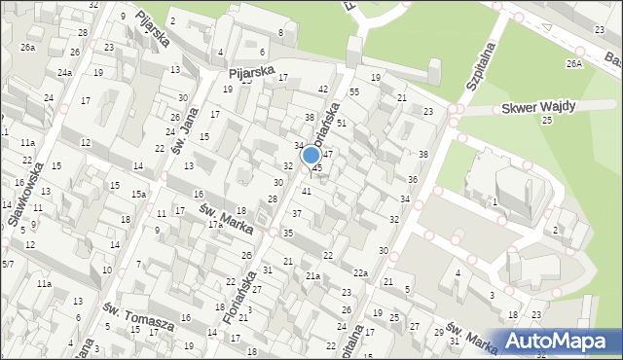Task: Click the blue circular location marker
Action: pos(311,155)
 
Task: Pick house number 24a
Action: pos(64,73)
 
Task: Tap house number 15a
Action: pos(139,195)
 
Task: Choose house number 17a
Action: pos(213,225)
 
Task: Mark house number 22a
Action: pos(360,273)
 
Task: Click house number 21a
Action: pos(311,276)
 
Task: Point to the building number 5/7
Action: pos(7,264)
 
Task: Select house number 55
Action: pos(354,91)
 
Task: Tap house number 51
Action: pos(342,124)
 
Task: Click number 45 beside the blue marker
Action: pos(317,168)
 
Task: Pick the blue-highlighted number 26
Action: pos(247,255)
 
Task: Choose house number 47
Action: pos(329,154)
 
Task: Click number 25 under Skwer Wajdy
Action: pos(547,120)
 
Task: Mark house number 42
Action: pos(323,89)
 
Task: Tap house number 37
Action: pos(297,213)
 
